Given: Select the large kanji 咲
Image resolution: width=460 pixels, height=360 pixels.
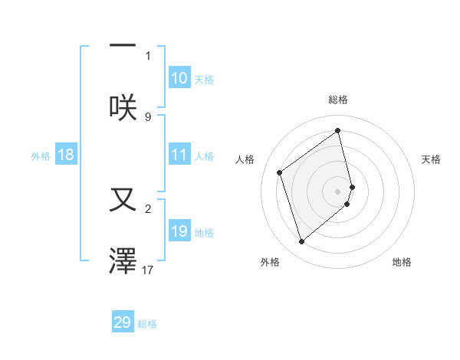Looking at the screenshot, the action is click(123, 106).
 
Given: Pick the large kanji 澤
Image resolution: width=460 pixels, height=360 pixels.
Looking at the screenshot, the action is click(123, 260).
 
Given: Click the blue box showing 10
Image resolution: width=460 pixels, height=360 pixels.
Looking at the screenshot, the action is click(179, 78).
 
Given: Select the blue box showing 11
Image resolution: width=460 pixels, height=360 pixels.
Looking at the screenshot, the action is click(179, 155).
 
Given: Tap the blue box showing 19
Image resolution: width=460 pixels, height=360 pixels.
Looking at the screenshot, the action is click(179, 231).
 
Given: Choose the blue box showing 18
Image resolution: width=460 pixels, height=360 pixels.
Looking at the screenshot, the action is click(66, 155).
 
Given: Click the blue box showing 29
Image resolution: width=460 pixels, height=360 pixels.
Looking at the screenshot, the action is click(123, 322).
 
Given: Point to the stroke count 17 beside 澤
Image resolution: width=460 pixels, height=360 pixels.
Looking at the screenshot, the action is click(148, 270).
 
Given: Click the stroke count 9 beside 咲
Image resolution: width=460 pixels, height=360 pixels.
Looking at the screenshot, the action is click(148, 116).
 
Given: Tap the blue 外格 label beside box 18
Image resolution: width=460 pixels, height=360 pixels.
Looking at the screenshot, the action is click(41, 155).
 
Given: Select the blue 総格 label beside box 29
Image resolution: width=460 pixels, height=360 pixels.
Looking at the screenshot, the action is click(147, 324).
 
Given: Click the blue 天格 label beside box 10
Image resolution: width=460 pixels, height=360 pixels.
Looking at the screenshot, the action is click(204, 79).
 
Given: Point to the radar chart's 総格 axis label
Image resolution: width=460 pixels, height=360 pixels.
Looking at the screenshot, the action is click(338, 100).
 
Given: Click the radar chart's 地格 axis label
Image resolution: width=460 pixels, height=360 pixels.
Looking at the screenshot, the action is click(402, 262).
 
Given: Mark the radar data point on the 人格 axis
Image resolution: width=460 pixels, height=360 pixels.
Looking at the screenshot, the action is click(280, 172).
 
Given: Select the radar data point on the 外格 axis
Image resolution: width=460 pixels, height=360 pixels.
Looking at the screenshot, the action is click(301, 242).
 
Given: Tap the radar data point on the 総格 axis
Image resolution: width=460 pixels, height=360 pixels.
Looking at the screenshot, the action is click(338, 131).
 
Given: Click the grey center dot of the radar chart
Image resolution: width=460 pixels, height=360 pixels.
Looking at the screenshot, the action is click(338, 191).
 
